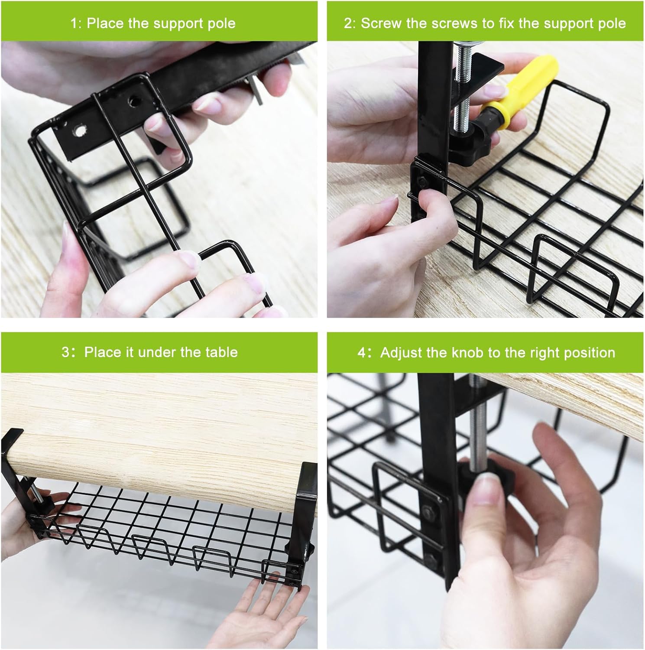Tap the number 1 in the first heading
[73, 23]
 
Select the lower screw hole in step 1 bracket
[79, 130]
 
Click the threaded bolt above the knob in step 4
[476, 429]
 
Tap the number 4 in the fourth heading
[361, 352]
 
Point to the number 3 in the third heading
[65, 352]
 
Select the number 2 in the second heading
[348, 23]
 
